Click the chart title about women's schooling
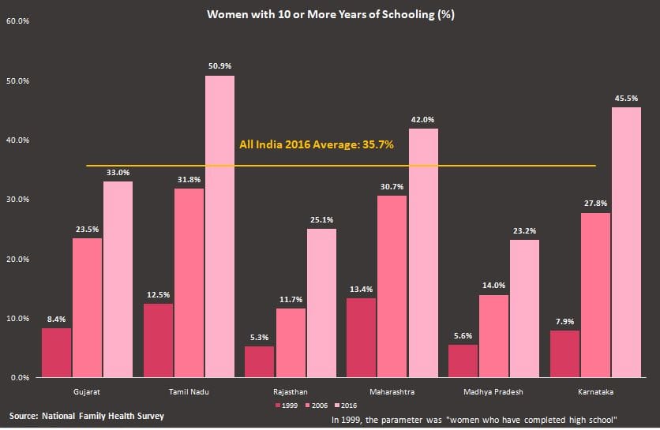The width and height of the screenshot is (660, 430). (330, 14)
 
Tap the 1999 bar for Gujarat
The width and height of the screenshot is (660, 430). (56, 353)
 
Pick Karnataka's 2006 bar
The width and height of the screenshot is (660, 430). (596, 295)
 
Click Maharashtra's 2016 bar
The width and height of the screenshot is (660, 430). (422, 252)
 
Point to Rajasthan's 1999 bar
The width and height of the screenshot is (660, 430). (259, 361)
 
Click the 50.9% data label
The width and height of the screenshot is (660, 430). (219, 66)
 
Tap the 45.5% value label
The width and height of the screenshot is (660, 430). (626, 98)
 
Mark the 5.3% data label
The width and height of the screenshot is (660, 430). (259, 337)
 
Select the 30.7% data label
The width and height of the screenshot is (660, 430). (392, 186)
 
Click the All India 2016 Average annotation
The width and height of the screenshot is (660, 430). (316, 145)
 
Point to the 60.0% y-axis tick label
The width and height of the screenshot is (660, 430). (17, 21)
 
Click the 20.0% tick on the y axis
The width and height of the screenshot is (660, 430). (17, 259)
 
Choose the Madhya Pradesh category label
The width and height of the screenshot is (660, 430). (493, 391)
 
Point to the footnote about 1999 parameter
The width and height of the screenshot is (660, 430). (474, 419)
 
